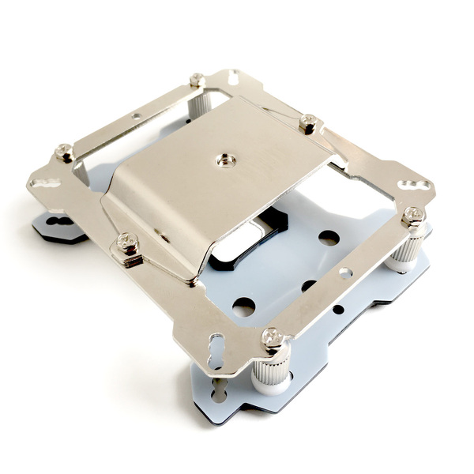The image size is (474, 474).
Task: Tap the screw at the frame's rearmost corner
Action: coord(197,79)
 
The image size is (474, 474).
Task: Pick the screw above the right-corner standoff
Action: coord(412,214)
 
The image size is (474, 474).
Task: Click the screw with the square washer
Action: coord(126,241)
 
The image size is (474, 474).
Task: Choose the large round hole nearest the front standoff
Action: coord(243,307)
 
